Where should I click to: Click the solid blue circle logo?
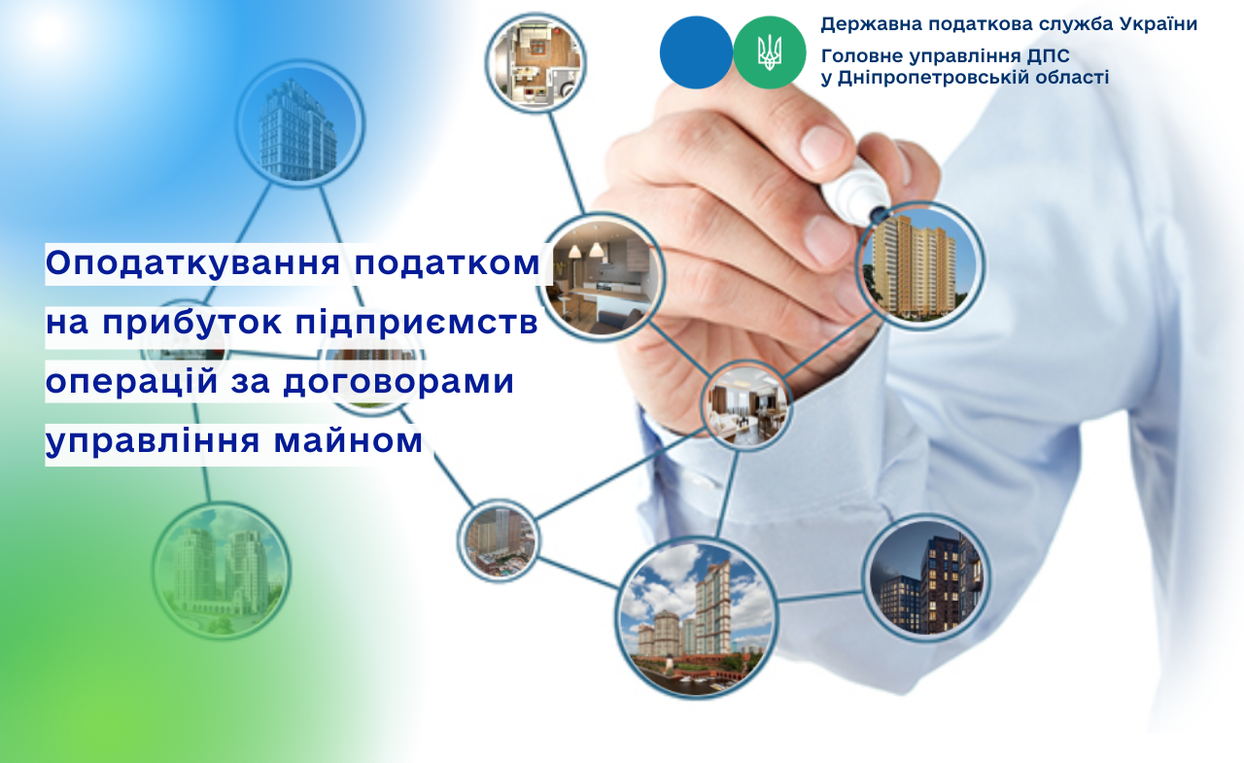[x=696, y=52]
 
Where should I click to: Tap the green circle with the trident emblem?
[x=769, y=52]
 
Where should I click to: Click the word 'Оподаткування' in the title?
[x=192, y=263]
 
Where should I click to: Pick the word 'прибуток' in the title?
[x=191, y=323]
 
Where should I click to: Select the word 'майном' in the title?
[x=348, y=440]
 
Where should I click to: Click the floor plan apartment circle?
[x=536, y=62]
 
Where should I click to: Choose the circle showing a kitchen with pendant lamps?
[x=602, y=277]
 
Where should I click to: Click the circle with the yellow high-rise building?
[x=919, y=266]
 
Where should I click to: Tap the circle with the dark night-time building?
[x=926, y=577]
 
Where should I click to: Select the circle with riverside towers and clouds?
[x=697, y=618]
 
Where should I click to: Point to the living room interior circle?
[x=746, y=405]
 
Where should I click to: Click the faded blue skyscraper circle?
[x=300, y=123]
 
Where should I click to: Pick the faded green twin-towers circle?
[x=222, y=571]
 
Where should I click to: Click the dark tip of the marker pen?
[x=878, y=213]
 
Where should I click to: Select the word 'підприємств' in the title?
[x=417, y=323]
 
